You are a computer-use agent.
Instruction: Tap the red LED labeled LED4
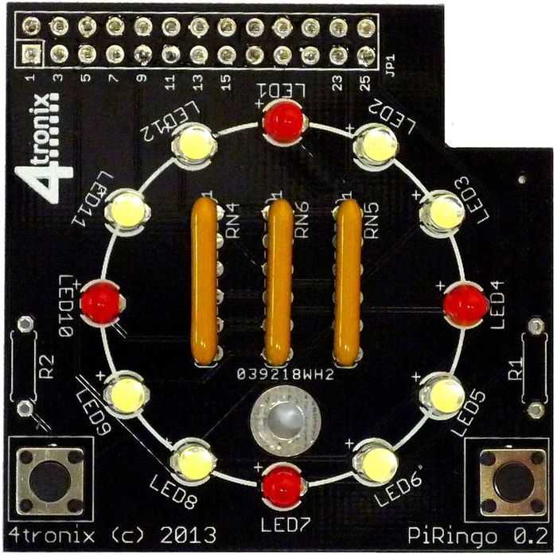tap(464, 303)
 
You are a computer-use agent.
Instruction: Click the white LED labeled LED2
tap(376, 146)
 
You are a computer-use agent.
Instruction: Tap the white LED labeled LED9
tap(127, 394)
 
